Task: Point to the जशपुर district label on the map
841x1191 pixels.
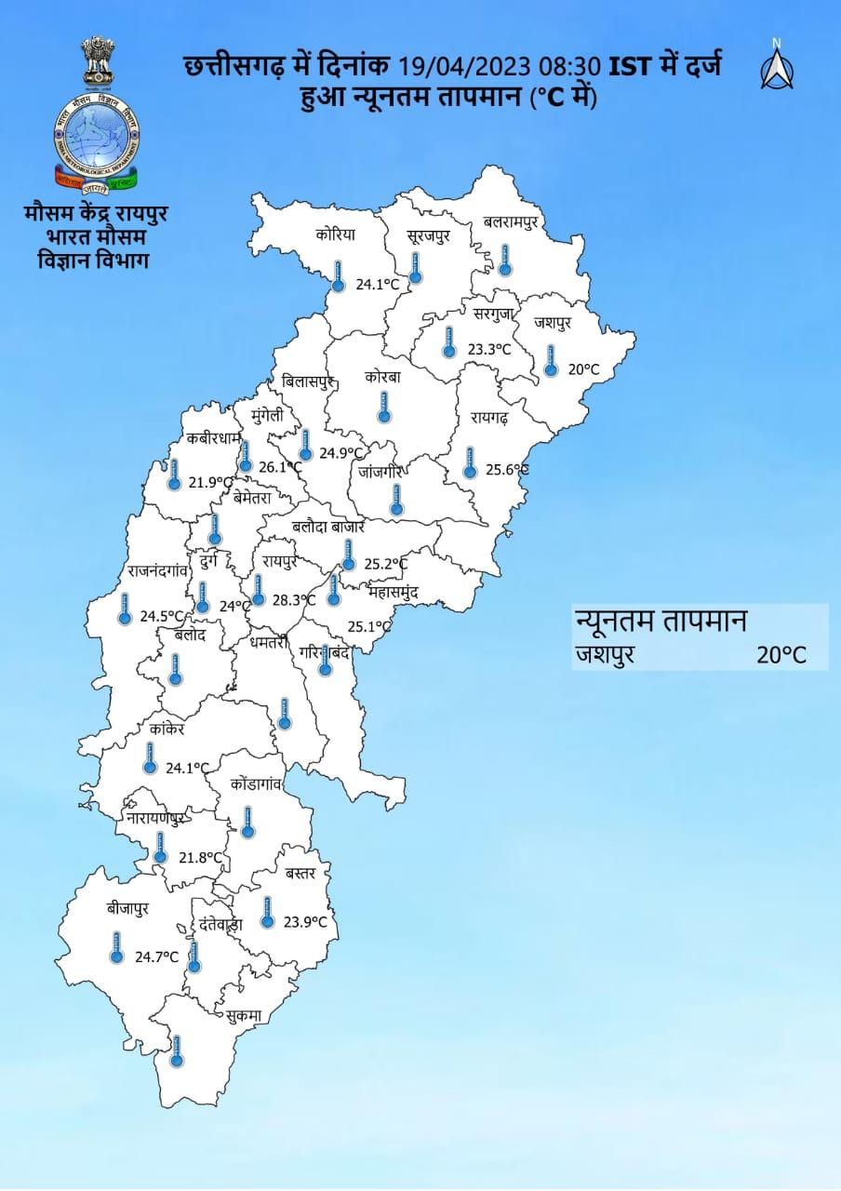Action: (553, 323)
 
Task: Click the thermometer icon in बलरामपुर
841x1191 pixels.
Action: (504, 260)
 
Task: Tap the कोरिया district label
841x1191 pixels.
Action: (335, 235)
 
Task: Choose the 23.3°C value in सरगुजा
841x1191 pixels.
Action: (489, 349)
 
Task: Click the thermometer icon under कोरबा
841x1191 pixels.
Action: (383, 406)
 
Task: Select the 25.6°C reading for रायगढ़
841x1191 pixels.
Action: (507, 470)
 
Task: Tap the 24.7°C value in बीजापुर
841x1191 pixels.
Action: (156, 956)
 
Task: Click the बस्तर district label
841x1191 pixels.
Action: (301, 874)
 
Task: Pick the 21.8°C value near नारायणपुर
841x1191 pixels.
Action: (201, 857)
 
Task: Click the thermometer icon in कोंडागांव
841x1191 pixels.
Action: (247, 822)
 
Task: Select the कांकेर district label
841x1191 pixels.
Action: (167, 729)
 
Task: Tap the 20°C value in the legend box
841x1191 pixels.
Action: (780, 654)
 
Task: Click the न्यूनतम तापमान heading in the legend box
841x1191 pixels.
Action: (661, 621)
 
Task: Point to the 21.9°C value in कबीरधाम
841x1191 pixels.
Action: (208, 482)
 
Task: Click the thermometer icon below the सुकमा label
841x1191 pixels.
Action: (177, 1052)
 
